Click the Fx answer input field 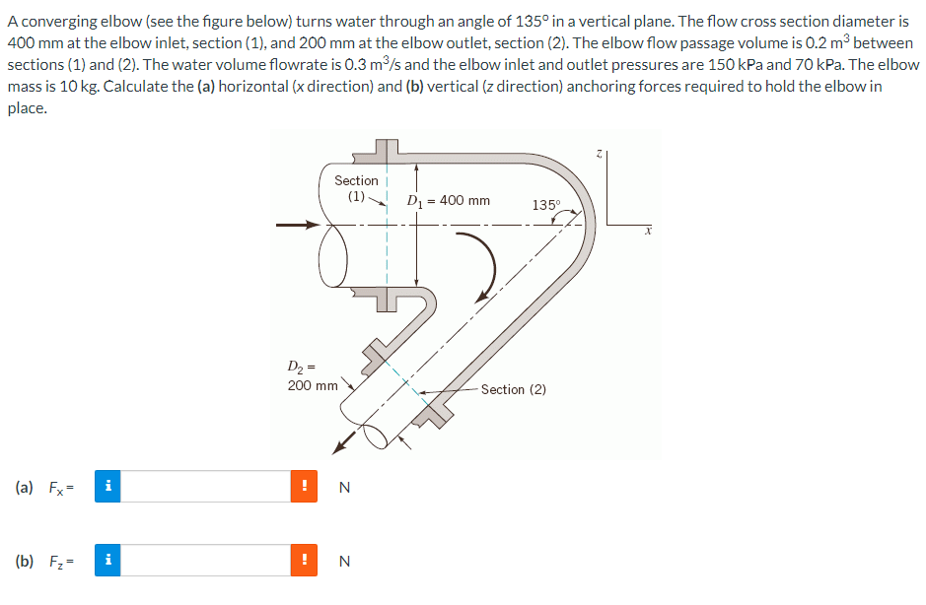[x=205, y=487]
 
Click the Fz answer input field [x=205, y=561]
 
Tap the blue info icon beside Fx [x=108, y=487]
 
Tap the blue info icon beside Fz [x=108, y=561]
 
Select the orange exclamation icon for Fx [x=305, y=487]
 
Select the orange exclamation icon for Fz [x=305, y=561]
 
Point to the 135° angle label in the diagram [x=545, y=205]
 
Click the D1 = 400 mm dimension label [x=449, y=201]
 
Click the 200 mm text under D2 [x=313, y=385]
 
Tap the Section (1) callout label [x=356, y=187]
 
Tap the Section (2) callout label [x=513, y=389]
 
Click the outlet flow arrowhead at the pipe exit [x=341, y=448]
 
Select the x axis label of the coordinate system [x=648, y=232]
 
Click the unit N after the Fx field [x=343, y=487]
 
